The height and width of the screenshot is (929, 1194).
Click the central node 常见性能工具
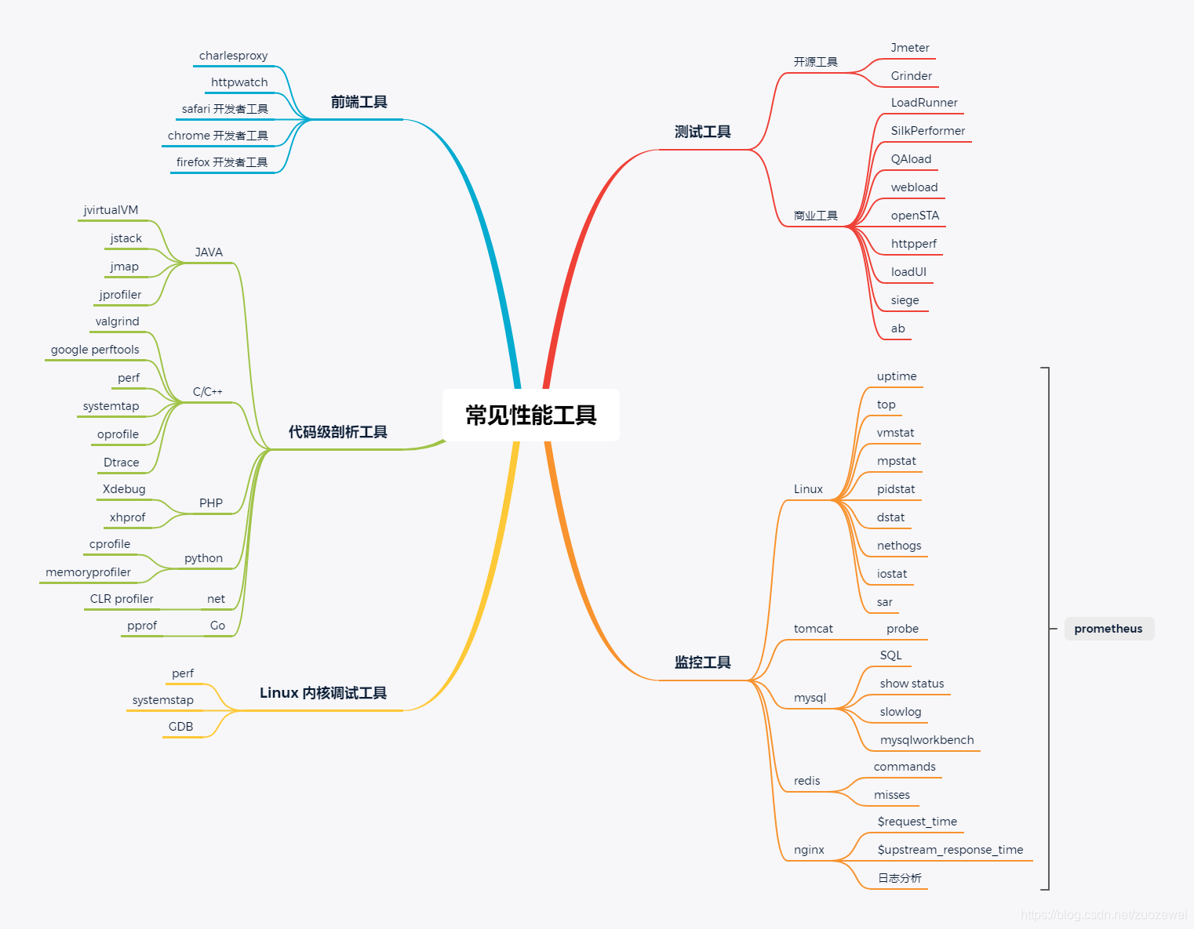(x=531, y=415)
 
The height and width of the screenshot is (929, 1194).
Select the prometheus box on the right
(x=1108, y=629)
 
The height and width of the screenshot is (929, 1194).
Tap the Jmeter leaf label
(x=910, y=48)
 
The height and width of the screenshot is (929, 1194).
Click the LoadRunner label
(x=924, y=103)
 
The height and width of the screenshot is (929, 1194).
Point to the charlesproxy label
(x=233, y=56)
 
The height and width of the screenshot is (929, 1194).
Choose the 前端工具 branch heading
(x=359, y=102)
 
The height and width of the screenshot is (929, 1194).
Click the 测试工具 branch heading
(x=702, y=132)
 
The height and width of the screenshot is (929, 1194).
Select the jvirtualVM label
(x=111, y=210)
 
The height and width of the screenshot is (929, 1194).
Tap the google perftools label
(x=95, y=350)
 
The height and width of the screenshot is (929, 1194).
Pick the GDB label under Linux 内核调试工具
(x=180, y=727)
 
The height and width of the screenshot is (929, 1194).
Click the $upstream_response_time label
(x=950, y=850)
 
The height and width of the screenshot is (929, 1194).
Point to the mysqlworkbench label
(x=926, y=740)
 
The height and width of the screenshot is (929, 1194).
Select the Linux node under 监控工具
(x=808, y=489)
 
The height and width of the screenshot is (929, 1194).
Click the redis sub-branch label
(x=806, y=781)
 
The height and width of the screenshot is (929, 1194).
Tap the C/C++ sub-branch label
(x=207, y=392)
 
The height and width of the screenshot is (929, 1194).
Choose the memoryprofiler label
(x=88, y=572)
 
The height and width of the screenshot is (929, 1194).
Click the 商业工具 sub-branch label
(x=815, y=216)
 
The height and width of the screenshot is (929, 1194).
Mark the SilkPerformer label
(x=927, y=131)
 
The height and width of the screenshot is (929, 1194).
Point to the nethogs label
(x=899, y=546)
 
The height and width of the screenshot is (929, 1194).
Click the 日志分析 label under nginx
(x=899, y=878)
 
